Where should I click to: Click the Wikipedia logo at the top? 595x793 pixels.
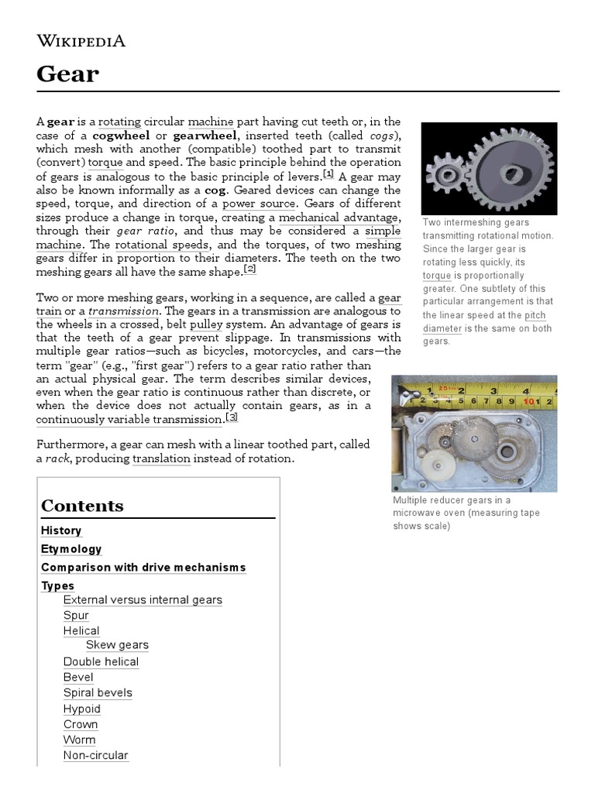[81, 41]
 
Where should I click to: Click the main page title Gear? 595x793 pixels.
[68, 74]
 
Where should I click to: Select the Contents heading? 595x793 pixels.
[82, 506]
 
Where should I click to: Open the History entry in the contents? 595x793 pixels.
[61, 530]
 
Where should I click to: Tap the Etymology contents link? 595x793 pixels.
[71, 549]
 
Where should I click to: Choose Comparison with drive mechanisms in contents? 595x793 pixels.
[143, 568]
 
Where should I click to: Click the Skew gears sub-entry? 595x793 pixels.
[117, 645]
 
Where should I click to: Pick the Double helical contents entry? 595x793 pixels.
[101, 662]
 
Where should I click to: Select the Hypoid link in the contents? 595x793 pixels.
[82, 709]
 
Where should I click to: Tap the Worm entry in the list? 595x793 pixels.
[79, 740]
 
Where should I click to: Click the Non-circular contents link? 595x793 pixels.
[96, 755]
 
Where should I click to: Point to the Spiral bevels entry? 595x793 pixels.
[98, 693]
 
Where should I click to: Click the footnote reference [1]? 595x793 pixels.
[328, 174]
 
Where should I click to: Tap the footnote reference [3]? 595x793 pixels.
[231, 417]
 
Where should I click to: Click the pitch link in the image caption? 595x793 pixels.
[535, 315]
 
